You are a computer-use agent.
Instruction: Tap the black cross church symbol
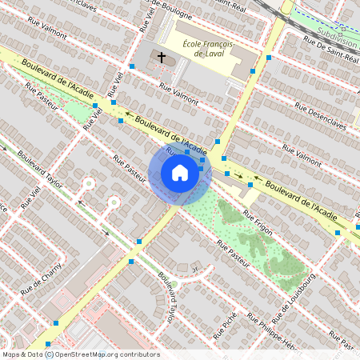162,58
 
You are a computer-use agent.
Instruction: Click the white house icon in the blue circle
179,173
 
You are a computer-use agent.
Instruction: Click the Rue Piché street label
225,325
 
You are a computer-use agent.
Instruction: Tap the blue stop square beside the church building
131,66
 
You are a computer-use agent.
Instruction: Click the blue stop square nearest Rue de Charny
56,322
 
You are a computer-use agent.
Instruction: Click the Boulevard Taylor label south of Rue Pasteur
169,300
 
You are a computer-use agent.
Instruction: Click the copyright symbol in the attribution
49,354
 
